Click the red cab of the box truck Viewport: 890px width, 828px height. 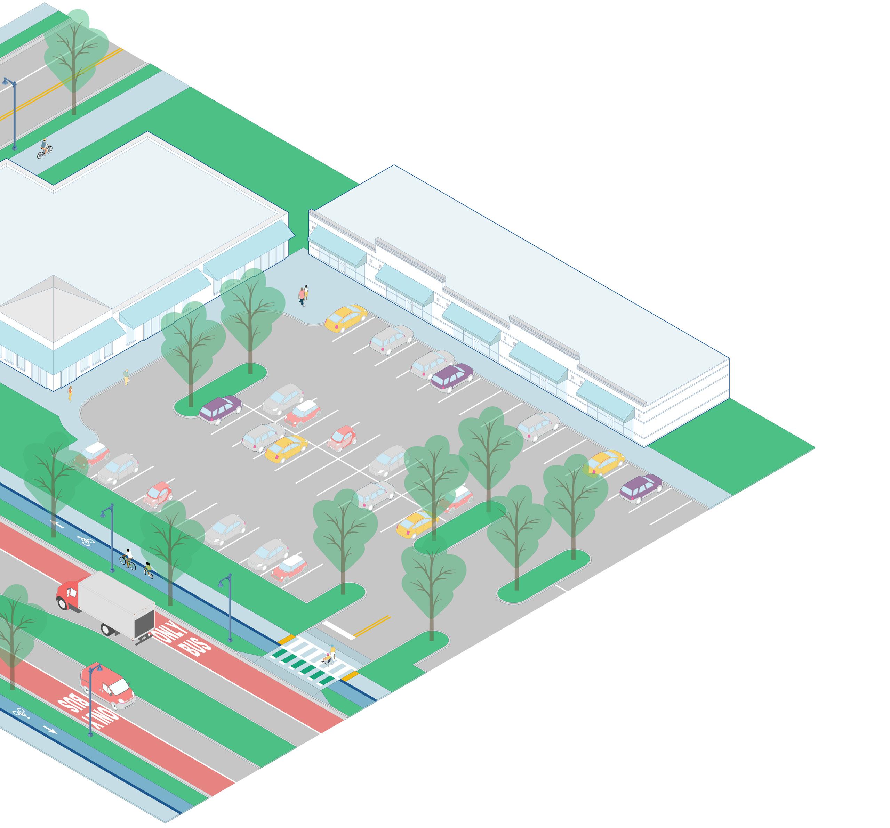click(68, 594)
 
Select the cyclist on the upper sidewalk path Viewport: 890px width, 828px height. click(44, 148)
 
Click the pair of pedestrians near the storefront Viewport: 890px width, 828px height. click(304, 295)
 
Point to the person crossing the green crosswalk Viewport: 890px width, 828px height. click(331, 654)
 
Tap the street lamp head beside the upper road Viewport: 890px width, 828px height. click(6, 81)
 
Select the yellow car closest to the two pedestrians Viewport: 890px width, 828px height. click(346, 318)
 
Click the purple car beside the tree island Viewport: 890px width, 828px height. click(220, 409)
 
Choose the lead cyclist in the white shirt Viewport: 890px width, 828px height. click(128, 558)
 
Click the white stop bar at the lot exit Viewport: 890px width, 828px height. click(339, 629)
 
